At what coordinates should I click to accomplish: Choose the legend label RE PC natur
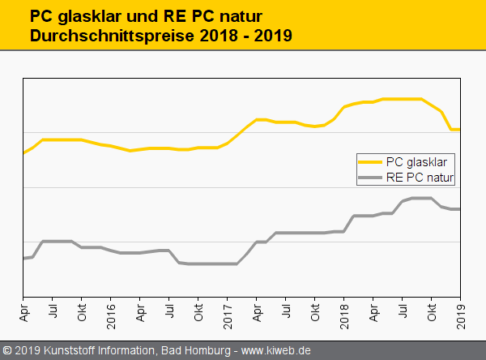[420, 176]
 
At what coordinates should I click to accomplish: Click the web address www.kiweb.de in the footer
[276, 350]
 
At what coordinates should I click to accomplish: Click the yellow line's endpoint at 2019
[460, 130]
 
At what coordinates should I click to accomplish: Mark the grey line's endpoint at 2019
[460, 209]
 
